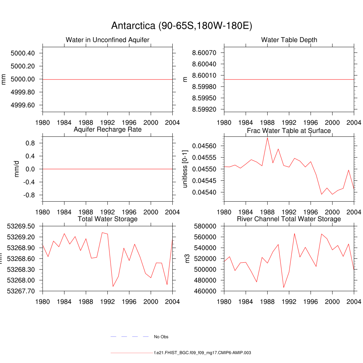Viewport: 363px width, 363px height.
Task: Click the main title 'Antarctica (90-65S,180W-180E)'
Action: [x=181, y=26]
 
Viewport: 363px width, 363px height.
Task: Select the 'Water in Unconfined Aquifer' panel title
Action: [x=107, y=40]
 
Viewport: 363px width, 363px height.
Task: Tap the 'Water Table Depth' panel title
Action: [x=289, y=40]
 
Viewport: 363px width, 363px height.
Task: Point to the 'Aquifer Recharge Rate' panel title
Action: [x=107, y=129]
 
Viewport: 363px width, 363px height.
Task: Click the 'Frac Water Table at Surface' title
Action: [x=289, y=131]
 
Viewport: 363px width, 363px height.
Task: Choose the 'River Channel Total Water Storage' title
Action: [x=289, y=219]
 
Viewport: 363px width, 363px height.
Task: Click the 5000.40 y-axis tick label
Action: [x=23, y=53]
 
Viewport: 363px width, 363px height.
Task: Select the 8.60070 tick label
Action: [x=204, y=53]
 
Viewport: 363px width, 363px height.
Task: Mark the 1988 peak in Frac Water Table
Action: [x=267, y=138]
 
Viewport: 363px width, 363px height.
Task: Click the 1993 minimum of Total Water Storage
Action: [x=113, y=286]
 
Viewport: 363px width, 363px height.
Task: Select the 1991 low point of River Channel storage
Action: [x=284, y=287]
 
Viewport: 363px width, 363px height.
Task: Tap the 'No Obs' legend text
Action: [x=161, y=337]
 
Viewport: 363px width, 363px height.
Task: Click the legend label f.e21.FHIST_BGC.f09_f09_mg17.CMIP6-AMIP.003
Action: [x=202, y=353]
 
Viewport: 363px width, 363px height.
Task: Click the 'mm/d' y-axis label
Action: [x=17, y=169]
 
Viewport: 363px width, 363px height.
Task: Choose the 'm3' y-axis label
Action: [x=188, y=258]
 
